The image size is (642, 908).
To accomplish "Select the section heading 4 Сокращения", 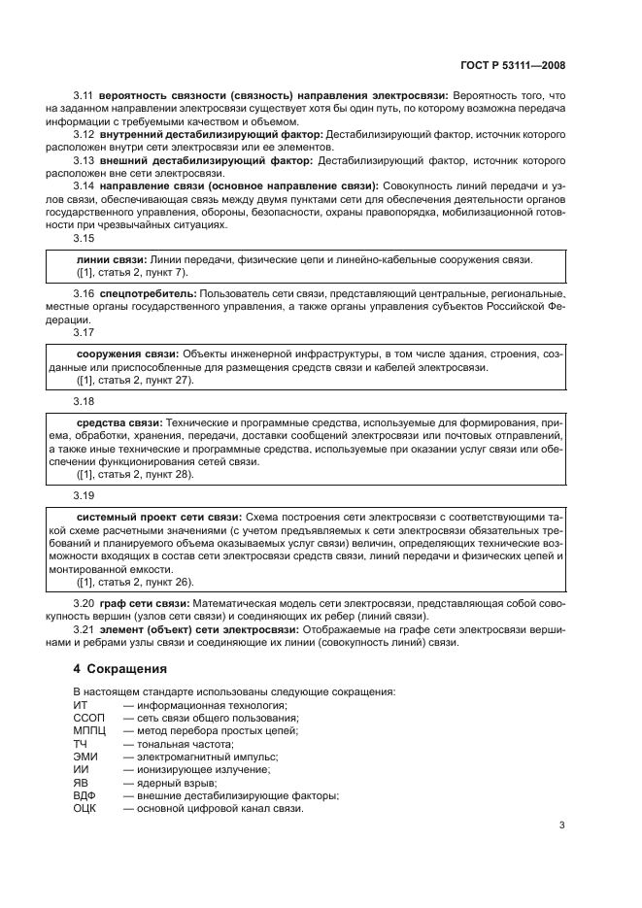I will click(121, 669).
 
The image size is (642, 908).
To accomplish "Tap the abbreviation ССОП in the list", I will click(89, 717).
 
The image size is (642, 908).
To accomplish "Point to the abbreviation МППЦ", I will click(90, 729).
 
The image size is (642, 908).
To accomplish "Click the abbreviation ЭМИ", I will click(85, 756).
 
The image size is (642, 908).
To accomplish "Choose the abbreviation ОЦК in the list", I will click(86, 809).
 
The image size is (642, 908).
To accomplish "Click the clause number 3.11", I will click(84, 96).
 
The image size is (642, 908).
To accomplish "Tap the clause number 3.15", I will click(84, 237).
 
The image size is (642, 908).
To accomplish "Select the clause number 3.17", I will click(84, 331).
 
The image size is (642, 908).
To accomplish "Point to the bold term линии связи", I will click(110, 260).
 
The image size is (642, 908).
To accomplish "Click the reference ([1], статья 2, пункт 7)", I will click(131, 273).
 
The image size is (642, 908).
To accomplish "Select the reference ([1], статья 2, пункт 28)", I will click(134, 474).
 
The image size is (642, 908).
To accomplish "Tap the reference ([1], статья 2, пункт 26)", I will click(134, 582).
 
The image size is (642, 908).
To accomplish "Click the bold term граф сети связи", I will click(140, 603).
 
